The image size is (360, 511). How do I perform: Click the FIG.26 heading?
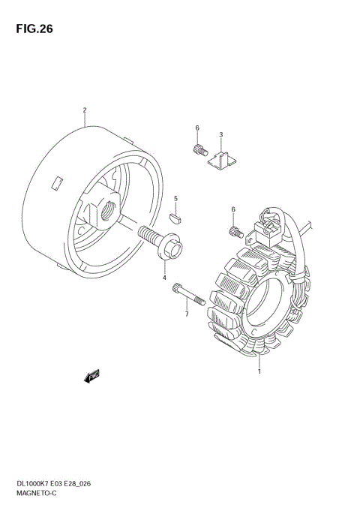pos(34,29)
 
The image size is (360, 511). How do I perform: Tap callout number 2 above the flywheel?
pos(85,110)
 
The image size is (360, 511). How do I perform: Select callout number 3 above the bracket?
pos(221,134)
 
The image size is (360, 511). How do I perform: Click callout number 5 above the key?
pos(175,198)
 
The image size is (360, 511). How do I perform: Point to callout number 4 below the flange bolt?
pos(164,278)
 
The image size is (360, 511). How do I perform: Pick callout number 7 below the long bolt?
pos(187,314)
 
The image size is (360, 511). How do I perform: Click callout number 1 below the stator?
pos(259,371)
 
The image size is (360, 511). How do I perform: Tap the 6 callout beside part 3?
pos(197,128)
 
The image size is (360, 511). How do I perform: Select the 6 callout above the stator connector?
pos(233,209)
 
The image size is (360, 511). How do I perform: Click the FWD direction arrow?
pos(91,376)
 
